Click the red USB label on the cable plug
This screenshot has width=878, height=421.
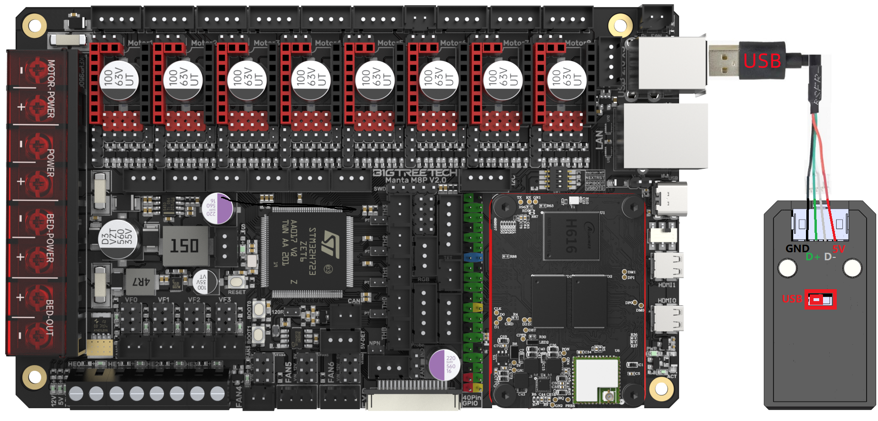[762, 61]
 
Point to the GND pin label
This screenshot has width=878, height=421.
[797, 248]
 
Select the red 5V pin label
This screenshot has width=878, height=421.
[838, 249]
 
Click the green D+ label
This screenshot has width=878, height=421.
[813, 257]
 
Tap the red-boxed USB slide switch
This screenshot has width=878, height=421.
[821, 300]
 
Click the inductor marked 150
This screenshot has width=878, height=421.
[184, 246]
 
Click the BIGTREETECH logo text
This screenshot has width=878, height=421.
[415, 172]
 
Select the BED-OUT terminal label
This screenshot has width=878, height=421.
[50, 318]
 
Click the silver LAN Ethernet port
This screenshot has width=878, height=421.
[666, 136]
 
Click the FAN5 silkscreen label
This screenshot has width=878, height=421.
[288, 372]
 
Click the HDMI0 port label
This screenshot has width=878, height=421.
[667, 301]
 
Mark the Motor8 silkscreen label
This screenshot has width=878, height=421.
[577, 43]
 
